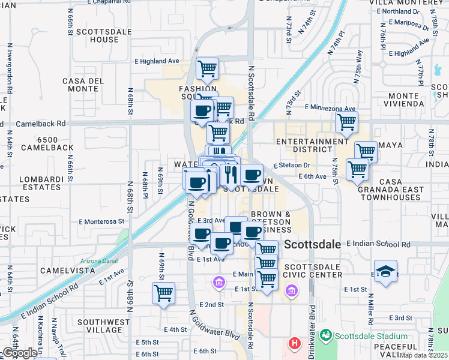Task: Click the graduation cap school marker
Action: tap(385, 271)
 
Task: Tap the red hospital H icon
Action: tap(294, 343)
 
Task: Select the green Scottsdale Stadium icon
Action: tap(326, 334)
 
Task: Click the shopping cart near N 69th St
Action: tap(163, 293)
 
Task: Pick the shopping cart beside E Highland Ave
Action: tap(207, 69)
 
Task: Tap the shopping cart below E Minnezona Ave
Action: tap(346, 122)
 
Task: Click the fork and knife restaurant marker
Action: tap(231, 175)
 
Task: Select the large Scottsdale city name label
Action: tap(312, 244)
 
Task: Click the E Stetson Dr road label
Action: tap(291, 165)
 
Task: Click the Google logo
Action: tap(20, 353)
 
